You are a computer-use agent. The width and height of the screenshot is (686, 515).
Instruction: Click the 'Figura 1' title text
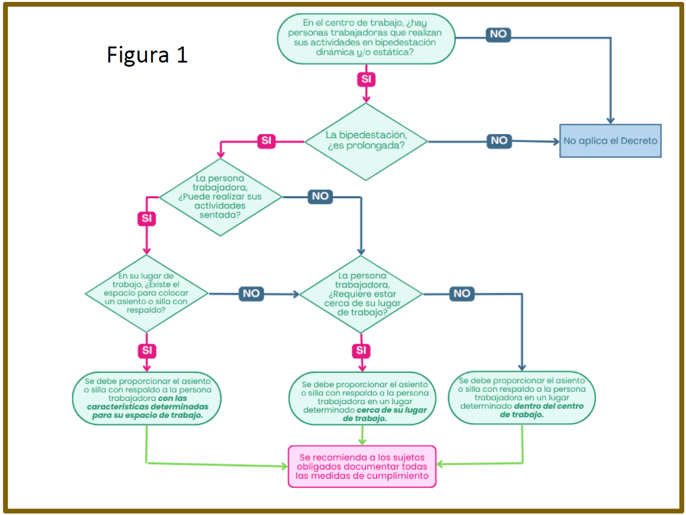pos(147,54)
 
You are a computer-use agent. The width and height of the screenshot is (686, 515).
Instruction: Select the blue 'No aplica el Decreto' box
pos(610,141)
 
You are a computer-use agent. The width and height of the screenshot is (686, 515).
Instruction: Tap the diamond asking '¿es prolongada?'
pos(366,140)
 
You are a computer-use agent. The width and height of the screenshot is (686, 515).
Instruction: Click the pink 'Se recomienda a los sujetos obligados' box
pos(362,466)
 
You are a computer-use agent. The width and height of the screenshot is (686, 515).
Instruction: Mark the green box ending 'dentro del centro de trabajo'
pos(521,397)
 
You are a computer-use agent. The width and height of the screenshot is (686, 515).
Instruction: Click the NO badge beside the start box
pos(498,34)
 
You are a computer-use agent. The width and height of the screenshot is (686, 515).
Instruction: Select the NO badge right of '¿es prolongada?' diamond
pos(499,141)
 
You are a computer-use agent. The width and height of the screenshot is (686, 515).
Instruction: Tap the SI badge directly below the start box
pos(367,78)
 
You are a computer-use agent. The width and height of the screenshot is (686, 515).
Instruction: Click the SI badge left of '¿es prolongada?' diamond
pos(267,141)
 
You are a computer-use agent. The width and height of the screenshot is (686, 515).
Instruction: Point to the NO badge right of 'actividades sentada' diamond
pos(320,196)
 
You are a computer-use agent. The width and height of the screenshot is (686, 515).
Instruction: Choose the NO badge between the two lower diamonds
pos(251,293)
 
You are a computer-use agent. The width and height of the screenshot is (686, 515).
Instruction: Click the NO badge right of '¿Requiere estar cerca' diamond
pos(462,293)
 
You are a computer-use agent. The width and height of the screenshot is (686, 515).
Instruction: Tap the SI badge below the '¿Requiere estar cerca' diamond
pos(361,350)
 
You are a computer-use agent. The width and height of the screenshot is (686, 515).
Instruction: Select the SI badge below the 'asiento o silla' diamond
pos(147,350)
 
